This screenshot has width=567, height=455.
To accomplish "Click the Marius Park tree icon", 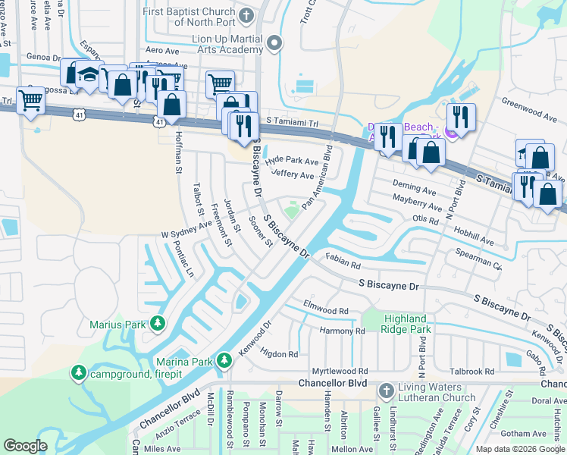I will tap(157, 325).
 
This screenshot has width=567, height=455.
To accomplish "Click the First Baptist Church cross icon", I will tap(246, 14).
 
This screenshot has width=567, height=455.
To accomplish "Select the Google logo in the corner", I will tap(25, 445).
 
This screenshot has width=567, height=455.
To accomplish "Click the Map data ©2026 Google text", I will tap(519, 449).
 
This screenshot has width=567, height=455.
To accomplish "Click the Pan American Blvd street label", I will tap(318, 177).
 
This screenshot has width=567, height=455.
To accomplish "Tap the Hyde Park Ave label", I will tap(292, 160).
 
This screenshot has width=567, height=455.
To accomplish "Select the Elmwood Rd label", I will tap(325, 310).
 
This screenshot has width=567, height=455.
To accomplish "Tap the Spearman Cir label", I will tap(475, 262).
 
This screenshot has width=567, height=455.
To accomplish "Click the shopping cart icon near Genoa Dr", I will tap(30, 99).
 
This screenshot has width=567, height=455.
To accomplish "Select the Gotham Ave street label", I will tap(523, 433).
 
